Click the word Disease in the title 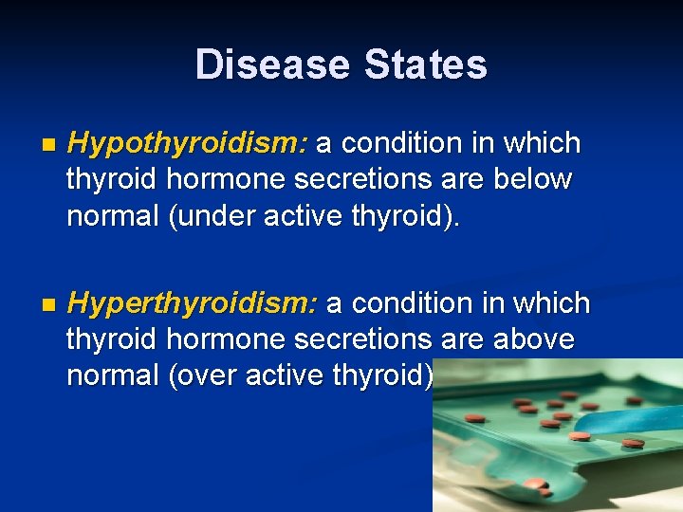270,65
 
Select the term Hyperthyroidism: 193,304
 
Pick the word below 537,179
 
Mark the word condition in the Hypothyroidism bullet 398,144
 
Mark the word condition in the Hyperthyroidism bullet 408,304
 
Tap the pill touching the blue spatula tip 580,436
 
